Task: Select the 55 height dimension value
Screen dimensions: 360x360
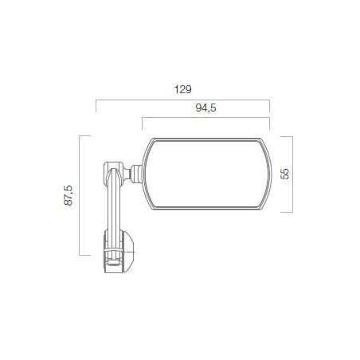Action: click(284, 174)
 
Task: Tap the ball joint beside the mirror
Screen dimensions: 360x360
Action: click(137, 171)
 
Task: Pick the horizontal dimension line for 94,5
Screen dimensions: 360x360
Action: click(206, 119)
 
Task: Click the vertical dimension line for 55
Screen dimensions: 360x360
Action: click(294, 174)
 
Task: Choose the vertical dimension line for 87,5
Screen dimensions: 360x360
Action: click(80, 195)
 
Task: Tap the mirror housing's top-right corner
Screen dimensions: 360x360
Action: click(266, 140)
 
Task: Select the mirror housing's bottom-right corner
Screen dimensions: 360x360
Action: click(266, 210)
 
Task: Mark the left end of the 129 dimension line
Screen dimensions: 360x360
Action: click(96, 100)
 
